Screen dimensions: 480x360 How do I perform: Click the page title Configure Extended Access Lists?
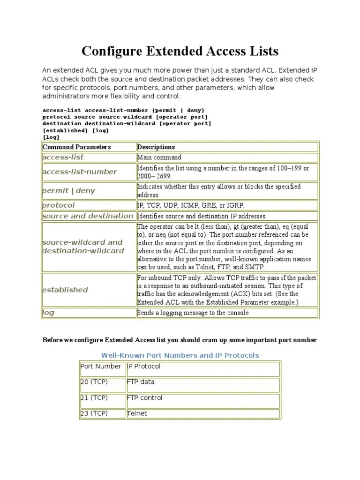click(180, 51)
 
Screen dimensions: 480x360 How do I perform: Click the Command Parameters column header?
click(76, 147)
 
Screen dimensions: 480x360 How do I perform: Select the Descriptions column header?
click(156, 147)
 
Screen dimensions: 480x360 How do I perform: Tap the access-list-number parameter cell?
click(80, 172)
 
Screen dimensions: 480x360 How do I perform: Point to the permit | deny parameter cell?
click(68, 191)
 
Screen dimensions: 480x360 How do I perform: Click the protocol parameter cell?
click(59, 205)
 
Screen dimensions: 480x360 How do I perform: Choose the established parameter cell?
click(65, 290)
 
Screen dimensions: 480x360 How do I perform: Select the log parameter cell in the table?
click(48, 313)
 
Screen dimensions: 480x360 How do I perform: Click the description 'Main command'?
click(159, 157)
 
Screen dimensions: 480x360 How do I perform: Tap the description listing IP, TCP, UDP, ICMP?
click(191, 206)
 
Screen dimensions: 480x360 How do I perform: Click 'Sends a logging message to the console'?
click(194, 313)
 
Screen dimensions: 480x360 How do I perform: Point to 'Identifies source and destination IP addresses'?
click(202, 216)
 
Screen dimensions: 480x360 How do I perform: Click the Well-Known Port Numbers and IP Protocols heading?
click(180, 355)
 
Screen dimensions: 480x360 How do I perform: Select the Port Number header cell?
click(101, 367)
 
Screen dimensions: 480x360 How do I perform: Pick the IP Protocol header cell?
click(144, 367)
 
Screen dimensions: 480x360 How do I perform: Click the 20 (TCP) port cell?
click(94, 382)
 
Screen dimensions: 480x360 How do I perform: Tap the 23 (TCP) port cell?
click(94, 413)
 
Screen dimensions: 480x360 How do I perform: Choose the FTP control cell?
click(145, 398)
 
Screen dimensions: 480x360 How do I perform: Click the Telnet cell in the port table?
click(137, 413)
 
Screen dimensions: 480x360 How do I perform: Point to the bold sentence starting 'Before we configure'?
click(180, 340)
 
